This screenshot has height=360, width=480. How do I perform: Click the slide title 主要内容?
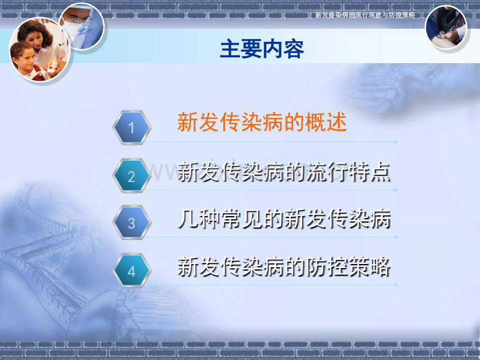[262, 49]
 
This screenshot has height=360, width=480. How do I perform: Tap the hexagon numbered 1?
[131, 127]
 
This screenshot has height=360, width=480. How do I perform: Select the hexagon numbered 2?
[131, 176]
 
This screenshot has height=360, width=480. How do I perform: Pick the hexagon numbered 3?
[131, 223]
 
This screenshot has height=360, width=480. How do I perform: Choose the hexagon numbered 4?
[131, 271]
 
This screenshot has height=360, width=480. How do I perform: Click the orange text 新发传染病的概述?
[262, 122]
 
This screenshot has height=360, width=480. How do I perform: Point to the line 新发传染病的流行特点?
[284, 172]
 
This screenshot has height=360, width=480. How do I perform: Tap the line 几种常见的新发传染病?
[284, 219]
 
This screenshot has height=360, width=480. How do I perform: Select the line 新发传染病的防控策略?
[284, 267]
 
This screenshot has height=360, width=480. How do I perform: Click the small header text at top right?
[365, 15]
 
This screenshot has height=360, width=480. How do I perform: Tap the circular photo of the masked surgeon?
[82, 26]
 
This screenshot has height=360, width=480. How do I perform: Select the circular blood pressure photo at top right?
[446, 27]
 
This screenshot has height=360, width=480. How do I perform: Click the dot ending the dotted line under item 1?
[396, 142]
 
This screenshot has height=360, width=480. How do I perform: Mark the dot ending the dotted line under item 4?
[396, 285]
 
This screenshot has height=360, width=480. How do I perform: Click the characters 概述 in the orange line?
[326, 122]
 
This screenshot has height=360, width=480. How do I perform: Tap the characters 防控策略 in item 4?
[349, 267]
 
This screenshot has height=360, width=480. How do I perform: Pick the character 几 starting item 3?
[187, 219]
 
